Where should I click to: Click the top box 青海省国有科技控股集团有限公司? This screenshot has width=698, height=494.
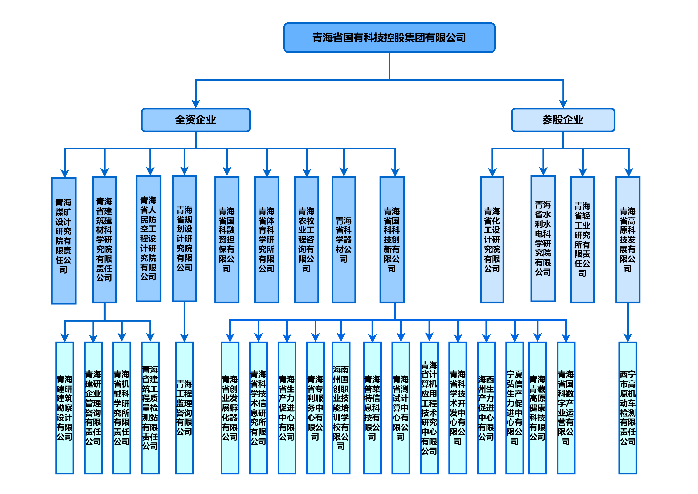(389, 38)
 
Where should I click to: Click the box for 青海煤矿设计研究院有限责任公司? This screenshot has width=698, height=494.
(64, 240)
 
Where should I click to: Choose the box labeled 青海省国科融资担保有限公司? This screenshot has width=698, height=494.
(227, 240)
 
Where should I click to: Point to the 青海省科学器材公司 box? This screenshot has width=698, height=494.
(344, 240)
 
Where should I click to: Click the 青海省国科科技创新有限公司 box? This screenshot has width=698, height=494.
(392, 240)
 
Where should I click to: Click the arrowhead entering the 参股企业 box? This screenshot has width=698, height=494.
(563, 104)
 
